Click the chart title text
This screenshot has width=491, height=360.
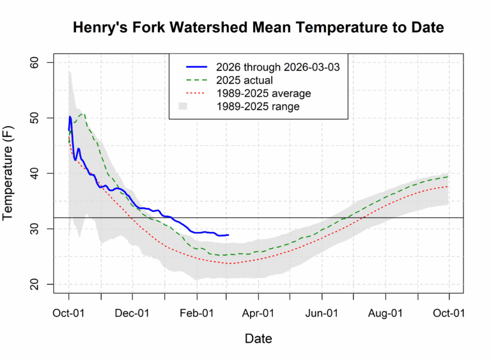click(x=258, y=28)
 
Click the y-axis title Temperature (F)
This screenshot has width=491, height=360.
click(x=14, y=173)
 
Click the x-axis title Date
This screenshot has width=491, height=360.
click(x=258, y=338)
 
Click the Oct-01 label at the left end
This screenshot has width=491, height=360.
click(x=68, y=313)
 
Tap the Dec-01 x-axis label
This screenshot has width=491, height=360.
click(x=132, y=313)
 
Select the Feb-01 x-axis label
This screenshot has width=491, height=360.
click(x=197, y=313)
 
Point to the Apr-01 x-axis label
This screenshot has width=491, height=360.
click(x=258, y=313)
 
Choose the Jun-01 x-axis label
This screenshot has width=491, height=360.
click(x=322, y=313)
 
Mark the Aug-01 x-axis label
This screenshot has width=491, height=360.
click(x=386, y=313)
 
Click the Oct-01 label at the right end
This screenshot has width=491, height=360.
click(x=449, y=313)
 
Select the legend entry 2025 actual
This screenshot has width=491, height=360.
click(x=244, y=81)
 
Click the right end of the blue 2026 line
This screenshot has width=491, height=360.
click(x=228, y=235)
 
